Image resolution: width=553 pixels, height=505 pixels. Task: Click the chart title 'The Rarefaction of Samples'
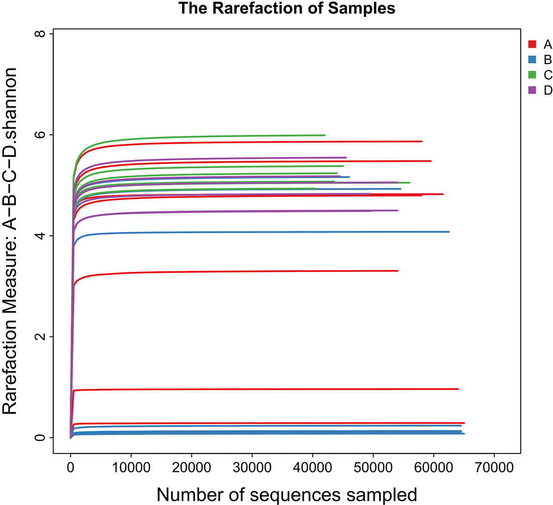287,8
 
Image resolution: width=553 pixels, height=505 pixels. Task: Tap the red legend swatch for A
532,44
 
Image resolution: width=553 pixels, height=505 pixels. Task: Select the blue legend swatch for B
532,59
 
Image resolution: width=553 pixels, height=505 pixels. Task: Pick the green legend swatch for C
532,75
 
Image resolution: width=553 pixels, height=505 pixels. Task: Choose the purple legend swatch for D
532,90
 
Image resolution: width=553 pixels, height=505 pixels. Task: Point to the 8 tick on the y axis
41,34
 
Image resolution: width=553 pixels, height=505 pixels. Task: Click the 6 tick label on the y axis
41,135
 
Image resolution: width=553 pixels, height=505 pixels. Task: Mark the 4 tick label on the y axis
41,236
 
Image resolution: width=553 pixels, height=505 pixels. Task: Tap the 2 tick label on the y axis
41,337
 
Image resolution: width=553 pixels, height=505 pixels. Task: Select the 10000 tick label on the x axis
131,468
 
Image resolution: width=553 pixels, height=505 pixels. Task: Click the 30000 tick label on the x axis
252,468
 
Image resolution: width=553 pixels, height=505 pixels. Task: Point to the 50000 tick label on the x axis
373,468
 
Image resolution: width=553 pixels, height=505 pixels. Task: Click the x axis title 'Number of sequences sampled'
287,494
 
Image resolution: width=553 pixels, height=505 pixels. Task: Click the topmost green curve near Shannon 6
211,137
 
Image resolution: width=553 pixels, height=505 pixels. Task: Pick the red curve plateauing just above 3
234,271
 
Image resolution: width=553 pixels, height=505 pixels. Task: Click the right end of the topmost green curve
324,135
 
